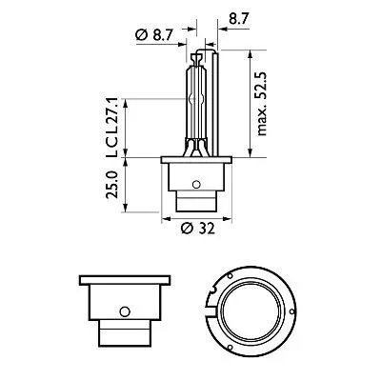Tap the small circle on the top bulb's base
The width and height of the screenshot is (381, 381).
pos(196,184)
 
